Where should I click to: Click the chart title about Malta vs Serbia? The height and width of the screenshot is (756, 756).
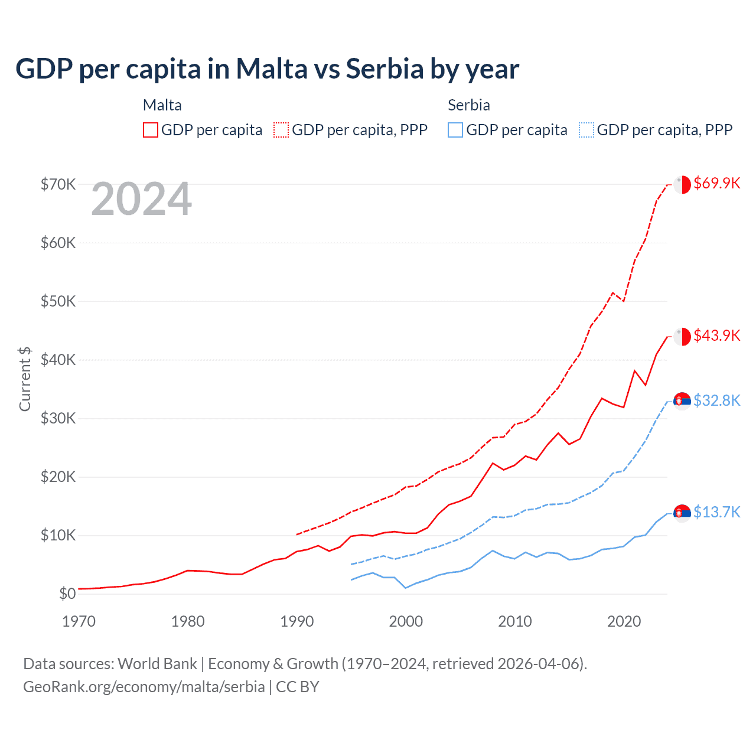click(x=267, y=69)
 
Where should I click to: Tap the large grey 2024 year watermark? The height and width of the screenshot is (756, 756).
click(x=141, y=200)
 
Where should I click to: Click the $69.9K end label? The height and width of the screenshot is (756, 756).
click(x=716, y=183)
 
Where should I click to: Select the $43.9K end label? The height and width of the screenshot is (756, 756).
click(x=716, y=335)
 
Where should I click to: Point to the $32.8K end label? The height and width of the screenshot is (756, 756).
click(x=716, y=400)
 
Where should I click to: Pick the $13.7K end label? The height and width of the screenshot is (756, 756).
click(x=716, y=512)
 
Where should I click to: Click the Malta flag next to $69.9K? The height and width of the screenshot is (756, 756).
click(x=682, y=184)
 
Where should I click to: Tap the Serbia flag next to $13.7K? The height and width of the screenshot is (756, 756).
click(x=682, y=513)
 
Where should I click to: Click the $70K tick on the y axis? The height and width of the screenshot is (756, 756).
click(x=58, y=184)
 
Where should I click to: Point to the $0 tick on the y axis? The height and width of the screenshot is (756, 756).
click(x=67, y=594)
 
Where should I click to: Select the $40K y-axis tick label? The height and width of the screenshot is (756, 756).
click(x=58, y=360)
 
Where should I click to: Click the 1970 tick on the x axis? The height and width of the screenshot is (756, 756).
click(x=79, y=621)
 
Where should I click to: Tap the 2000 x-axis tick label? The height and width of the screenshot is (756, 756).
click(x=406, y=621)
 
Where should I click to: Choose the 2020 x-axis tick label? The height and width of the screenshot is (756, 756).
click(x=624, y=621)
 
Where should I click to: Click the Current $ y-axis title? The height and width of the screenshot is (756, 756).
click(x=25, y=379)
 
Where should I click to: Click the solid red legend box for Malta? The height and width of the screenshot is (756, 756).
click(x=151, y=130)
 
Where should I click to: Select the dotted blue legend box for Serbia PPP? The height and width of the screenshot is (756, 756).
click(x=586, y=130)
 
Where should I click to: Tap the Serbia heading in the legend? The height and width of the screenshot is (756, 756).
click(x=469, y=105)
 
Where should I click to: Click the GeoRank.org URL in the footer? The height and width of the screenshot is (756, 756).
click(x=144, y=687)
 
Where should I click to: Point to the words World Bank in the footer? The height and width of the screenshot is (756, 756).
click(x=157, y=664)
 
